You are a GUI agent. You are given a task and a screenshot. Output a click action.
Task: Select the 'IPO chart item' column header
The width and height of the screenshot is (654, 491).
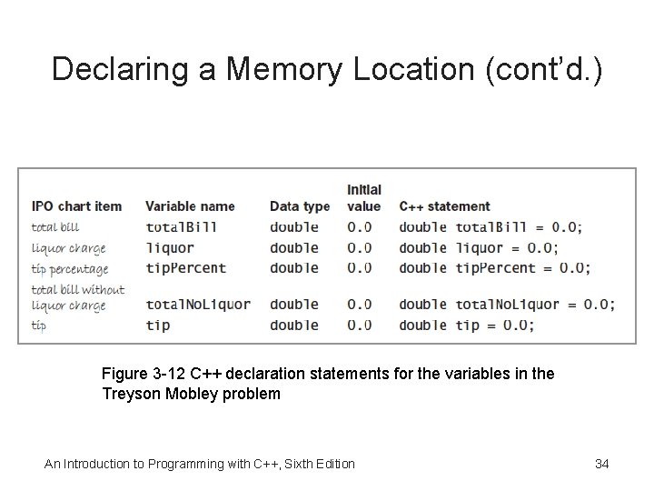coord(76,206)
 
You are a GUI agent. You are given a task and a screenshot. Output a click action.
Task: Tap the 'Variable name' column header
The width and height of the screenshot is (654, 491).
coord(190,206)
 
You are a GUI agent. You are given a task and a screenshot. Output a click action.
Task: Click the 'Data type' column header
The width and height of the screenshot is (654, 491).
coord(300,206)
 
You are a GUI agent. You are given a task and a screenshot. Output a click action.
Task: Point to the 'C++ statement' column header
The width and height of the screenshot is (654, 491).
coord(444,206)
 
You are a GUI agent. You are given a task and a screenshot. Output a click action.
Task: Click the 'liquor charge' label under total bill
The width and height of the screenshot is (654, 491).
coord(68,248)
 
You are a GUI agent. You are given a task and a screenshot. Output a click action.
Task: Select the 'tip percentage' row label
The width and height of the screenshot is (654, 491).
coord(70,269)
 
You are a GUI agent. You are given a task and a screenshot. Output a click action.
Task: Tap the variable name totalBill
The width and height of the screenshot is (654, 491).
coord(182,227)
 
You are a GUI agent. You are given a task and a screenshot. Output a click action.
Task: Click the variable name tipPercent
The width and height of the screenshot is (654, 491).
coord(185,268)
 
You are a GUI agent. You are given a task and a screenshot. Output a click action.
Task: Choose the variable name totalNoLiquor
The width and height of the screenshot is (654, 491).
coord(198,305)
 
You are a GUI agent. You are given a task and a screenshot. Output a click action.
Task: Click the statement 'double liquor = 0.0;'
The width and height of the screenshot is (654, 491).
coord(479,247)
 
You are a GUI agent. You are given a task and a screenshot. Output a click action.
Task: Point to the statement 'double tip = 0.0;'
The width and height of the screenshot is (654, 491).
coord(466,325)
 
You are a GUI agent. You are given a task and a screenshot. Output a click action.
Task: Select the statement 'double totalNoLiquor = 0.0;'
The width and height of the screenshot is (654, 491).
coord(507,305)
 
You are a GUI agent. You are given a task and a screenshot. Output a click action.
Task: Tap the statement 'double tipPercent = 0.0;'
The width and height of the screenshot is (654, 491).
coord(494,268)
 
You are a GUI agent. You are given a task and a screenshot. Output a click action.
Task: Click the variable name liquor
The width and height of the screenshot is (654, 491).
coord(170,247)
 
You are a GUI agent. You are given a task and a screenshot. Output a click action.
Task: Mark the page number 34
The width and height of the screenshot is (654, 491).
coord(601,465)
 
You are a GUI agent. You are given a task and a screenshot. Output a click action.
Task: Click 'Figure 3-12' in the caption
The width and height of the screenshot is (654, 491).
coord(143,375)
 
